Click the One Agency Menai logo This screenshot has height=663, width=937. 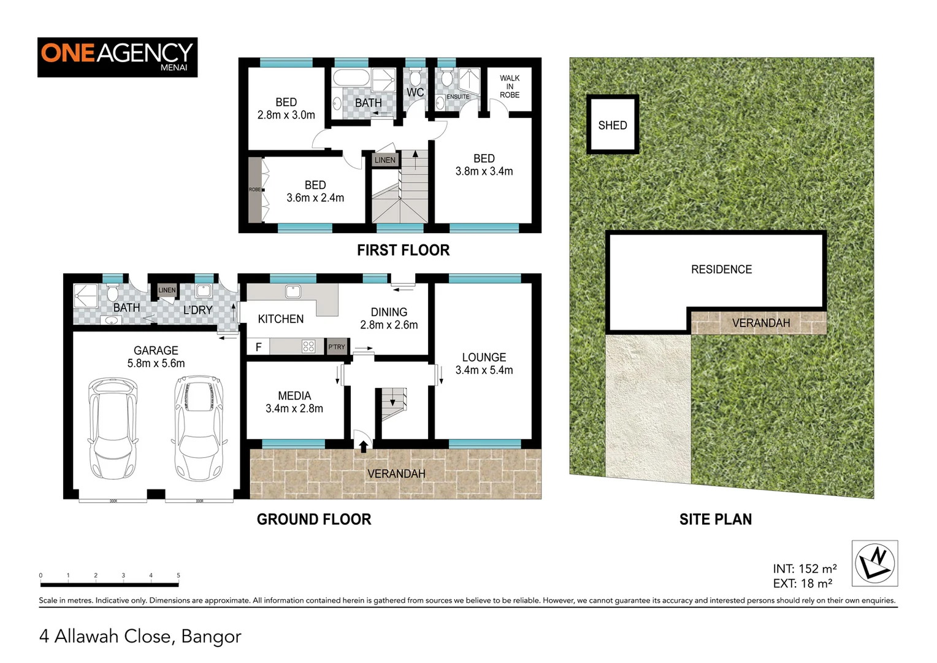pyautogui.click(x=117, y=57)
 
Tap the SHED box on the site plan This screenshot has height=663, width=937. pyautogui.click(x=613, y=125)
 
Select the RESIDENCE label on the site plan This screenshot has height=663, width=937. pyautogui.click(x=721, y=269)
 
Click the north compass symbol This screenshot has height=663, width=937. pyautogui.click(x=874, y=563)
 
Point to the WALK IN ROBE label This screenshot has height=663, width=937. pyautogui.click(x=509, y=87)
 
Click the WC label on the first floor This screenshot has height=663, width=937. pyautogui.click(x=415, y=93)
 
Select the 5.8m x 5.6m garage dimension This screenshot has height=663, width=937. pyautogui.click(x=156, y=363)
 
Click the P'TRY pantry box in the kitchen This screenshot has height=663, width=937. pyautogui.click(x=337, y=347)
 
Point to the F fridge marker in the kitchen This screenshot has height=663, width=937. pyautogui.click(x=258, y=347)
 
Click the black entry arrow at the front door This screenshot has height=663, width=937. pyautogui.click(x=364, y=446)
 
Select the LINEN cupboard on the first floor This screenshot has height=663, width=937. pyautogui.click(x=385, y=160)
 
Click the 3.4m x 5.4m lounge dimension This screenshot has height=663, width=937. pyautogui.click(x=484, y=370)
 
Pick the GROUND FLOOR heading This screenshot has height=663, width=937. pyautogui.click(x=314, y=519)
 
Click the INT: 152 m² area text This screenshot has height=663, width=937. pyautogui.click(x=805, y=568)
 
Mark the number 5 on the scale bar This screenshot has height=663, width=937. pyautogui.click(x=178, y=576)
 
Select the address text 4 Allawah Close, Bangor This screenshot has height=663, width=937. pyautogui.click(x=140, y=636)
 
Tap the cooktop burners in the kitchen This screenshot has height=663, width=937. pyautogui.click(x=308, y=347)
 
